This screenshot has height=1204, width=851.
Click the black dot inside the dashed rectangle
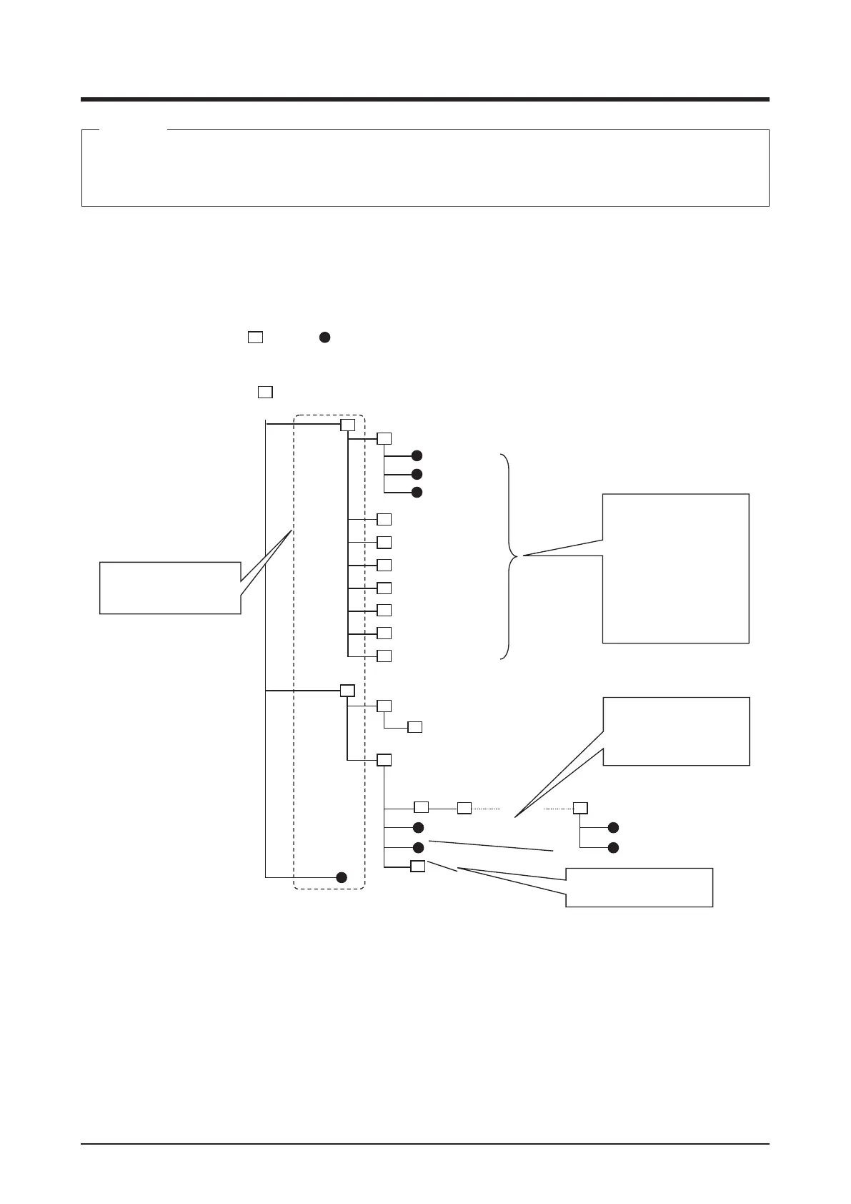(342, 877)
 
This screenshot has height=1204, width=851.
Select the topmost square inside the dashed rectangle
(347, 425)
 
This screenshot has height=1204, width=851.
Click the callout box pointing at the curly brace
(675, 568)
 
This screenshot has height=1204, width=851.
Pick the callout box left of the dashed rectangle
(169, 588)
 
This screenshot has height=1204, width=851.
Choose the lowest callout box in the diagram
(639, 887)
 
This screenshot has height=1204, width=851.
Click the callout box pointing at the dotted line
(677, 731)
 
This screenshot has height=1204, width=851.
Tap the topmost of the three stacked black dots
(418, 455)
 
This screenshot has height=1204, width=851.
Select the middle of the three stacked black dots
(418, 474)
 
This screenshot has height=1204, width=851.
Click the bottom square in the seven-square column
(384, 656)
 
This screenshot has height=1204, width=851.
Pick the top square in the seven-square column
(384, 519)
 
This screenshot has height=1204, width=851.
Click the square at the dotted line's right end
(580, 808)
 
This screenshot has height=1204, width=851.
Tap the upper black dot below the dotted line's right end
(612, 827)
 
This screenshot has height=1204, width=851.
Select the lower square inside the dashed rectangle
(347, 691)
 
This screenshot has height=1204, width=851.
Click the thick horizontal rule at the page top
(425, 99)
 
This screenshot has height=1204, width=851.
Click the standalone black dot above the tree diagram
(324, 337)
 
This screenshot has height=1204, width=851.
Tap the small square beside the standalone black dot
(255, 337)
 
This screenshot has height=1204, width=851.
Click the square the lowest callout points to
(418, 867)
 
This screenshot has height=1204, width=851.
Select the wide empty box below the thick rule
(425, 168)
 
